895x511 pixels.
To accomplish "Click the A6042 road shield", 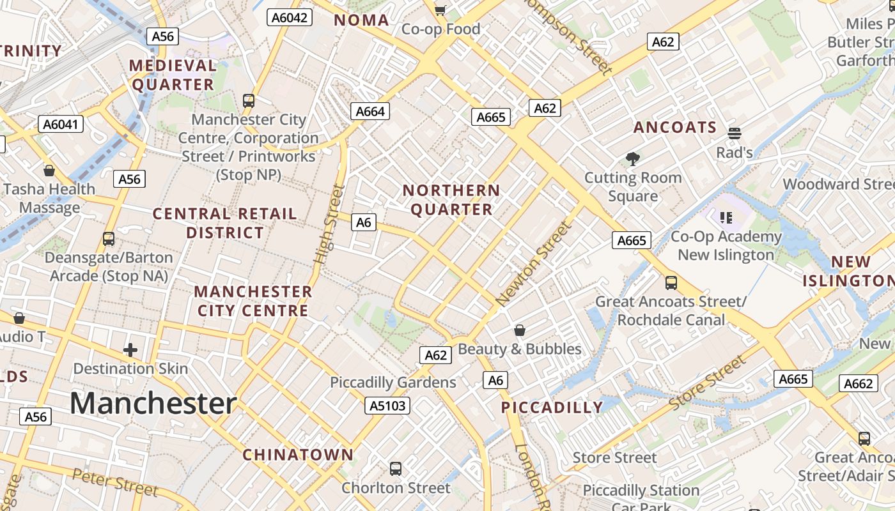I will [x=290, y=17].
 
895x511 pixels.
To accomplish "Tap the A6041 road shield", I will [x=61, y=124].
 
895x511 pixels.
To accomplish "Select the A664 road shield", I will [x=370, y=112].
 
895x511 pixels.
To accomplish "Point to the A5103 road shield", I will [x=387, y=405].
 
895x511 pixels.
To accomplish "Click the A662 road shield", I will [x=858, y=383].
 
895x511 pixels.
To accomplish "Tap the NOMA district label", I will [x=362, y=20].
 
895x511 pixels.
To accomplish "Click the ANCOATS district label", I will [x=675, y=127].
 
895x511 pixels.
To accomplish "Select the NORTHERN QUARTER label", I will [x=451, y=200].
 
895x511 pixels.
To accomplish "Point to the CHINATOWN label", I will [x=298, y=455].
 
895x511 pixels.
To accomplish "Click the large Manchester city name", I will [x=153, y=404].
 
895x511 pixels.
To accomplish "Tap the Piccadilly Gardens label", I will [x=393, y=383].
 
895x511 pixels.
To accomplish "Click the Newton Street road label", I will [x=532, y=263].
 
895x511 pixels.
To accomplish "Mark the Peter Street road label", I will [x=115, y=482].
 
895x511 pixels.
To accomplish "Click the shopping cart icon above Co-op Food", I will [x=440, y=10].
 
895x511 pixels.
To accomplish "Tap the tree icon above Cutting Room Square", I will [x=633, y=158].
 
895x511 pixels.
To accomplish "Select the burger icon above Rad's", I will [x=734, y=133].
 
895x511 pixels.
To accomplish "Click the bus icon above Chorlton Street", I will [x=396, y=469].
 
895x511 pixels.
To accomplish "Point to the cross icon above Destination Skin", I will [x=130, y=349].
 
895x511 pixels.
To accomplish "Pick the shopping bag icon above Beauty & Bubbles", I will [x=520, y=330].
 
